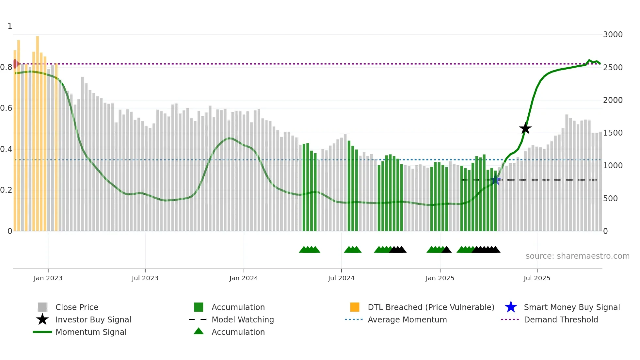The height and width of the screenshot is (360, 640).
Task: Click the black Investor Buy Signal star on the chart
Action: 525,129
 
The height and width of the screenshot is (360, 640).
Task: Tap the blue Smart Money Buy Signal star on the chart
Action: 495,180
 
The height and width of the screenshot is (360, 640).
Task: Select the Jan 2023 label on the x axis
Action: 48,278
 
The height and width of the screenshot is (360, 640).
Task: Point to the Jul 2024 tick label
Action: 341,278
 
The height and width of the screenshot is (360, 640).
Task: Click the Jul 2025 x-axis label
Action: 536,278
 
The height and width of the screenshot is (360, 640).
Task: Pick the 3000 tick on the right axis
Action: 613,35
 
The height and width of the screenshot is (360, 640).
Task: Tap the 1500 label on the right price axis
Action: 613,133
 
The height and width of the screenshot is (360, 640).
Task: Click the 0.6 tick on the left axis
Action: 6,108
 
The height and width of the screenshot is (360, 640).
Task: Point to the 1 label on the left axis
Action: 10,26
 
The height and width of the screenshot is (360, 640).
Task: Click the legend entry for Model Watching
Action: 242,319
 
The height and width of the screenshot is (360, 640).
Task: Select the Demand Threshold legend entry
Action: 561,319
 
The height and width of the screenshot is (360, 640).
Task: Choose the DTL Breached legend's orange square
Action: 355,307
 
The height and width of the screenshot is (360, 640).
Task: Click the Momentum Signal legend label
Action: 91,332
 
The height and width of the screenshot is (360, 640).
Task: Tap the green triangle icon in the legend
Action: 199,331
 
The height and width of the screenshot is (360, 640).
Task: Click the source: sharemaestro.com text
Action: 577,256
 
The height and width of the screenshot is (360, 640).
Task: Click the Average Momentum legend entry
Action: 407,319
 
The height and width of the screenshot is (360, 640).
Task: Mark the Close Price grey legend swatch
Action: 42,307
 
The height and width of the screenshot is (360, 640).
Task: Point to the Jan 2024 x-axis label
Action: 244,278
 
